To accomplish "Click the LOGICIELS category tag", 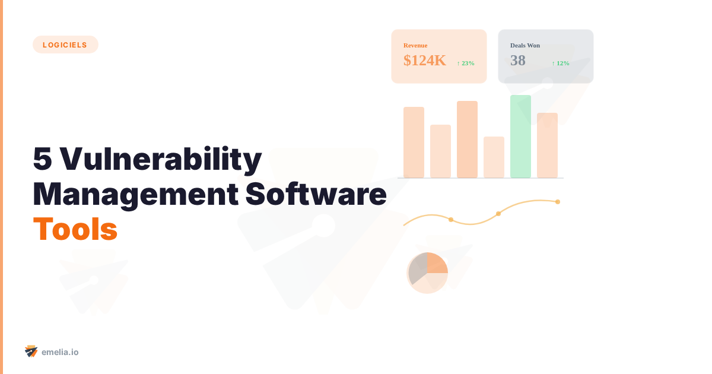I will point(65,45).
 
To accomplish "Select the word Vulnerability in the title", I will point(161,159).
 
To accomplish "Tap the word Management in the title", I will point(132,194).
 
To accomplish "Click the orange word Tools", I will point(75,229).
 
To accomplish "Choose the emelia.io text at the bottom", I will point(60,352).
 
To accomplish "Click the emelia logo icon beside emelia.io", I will point(31,351).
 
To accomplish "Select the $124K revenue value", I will point(425,60).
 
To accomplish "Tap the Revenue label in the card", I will point(415,45).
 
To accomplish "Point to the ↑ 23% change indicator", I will point(466,63).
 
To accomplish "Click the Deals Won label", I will point(525,45).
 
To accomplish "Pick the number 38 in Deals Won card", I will point(518,60).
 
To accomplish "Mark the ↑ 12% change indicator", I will point(561,63).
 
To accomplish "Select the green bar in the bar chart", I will point(520,137).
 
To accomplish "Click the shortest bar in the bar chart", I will point(494,157).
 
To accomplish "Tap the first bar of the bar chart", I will point(414,142).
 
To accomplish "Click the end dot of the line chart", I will point(558,202).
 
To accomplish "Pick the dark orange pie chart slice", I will point(436,263).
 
